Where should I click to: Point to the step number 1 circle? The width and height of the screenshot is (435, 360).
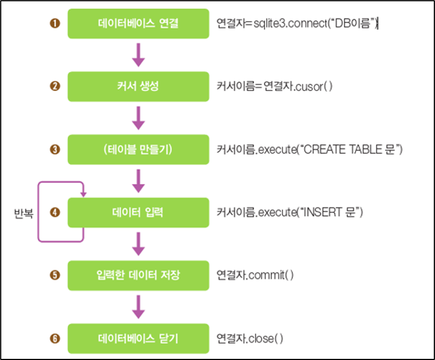pos(55,23)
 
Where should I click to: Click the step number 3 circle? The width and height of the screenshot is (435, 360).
pos(55,150)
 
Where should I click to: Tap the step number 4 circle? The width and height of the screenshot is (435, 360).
pos(55,213)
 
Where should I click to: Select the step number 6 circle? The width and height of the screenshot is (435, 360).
pos(55,339)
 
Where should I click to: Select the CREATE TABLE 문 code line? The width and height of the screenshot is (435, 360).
pos(309,150)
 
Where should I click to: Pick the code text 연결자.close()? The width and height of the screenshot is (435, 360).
pos(250,339)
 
